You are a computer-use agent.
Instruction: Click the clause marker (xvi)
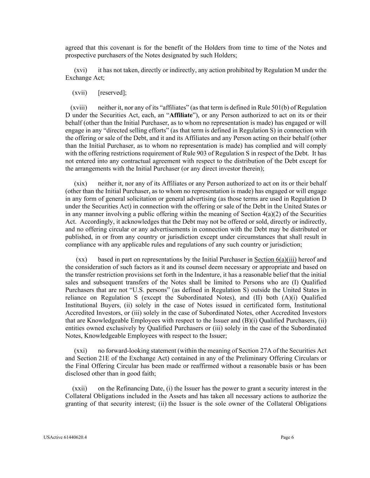pyautogui.click(x=80, y=70)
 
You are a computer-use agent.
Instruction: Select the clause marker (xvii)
pyautogui.click(x=80, y=93)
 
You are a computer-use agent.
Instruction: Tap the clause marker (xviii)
pyautogui.click(x=79, y=108)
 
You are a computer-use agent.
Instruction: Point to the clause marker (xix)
pyautogui.click(x=80, y=183)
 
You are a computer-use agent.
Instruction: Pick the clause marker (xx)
pyautogui.click(x=81, y=259)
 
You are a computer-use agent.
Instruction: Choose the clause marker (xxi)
pyautogui.click(x=80, y=351)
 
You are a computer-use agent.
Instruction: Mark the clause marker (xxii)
pyautogui.click(x=80, y=388)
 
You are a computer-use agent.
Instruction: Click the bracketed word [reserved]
pyautogui.click(x=112, y=93)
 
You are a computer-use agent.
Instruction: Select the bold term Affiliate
pyautogui.click(x=181, y=115)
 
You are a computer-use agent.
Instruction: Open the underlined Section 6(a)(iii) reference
pyautogui.click(x=275, y=259)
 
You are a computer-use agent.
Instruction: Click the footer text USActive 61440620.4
pyautogui.click(x=66, y=437)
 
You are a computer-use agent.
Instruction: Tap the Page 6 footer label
pyautogui.click(x=287, y=437)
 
